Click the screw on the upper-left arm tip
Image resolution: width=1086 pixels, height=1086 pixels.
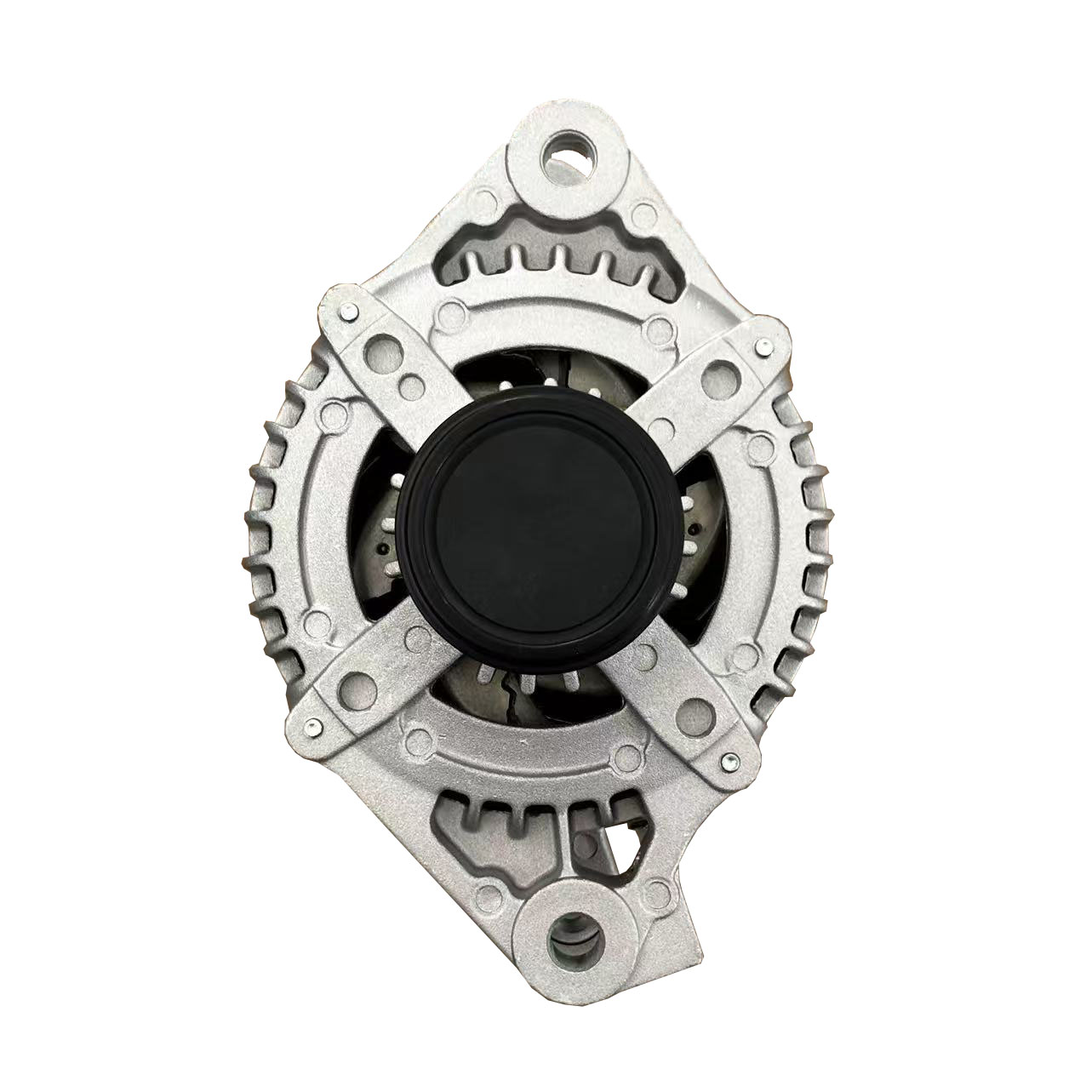(x=349, y=312)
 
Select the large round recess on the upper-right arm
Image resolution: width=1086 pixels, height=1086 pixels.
(x=720, y=372)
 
